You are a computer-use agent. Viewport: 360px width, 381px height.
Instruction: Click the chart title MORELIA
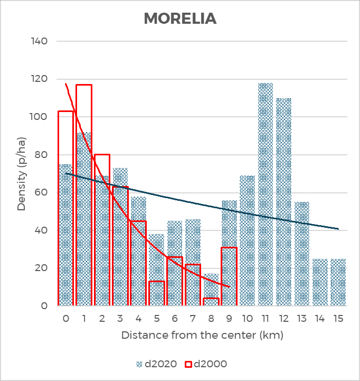(x=180, y=18)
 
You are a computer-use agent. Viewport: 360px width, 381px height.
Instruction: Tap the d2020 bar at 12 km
(x=283, y=201)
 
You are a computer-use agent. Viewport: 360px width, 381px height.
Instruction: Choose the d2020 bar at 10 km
(x=248, y=240)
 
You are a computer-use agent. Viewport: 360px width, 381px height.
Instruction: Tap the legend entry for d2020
(x=154, y=364)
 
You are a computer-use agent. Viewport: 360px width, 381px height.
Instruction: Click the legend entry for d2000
(x=205, y=364)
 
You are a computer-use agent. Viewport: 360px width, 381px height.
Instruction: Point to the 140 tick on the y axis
(x=40, y=41)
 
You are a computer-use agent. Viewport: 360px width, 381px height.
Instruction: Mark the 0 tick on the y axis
(x=45, y=305)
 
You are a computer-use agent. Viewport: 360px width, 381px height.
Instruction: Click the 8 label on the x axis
(x=211, y=319)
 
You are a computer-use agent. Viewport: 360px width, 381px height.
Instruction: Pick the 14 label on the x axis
(x=320, y=319)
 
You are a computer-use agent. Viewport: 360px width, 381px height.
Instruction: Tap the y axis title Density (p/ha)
(x=22, y=173)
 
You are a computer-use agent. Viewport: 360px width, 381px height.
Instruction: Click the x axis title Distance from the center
(x=202, y=336)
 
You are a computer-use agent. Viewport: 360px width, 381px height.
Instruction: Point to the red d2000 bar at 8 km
(x=211, y=302)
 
